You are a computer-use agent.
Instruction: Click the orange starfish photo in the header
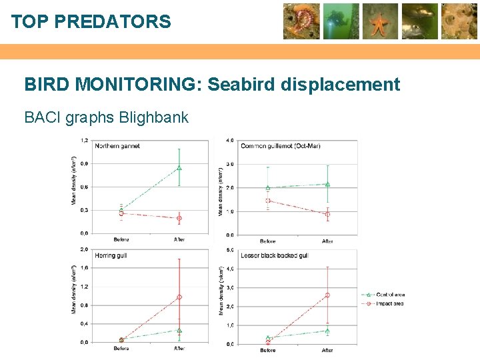coord(381,21)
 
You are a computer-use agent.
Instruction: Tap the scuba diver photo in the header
coord(341,21)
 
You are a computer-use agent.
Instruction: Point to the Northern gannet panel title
coord(117,146)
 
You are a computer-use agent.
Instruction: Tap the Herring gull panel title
coord(112,255)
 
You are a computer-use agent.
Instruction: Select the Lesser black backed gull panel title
coord(274,255)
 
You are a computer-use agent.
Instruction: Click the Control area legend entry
coord(390,295)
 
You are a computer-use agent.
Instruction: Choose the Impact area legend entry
coord(389,303)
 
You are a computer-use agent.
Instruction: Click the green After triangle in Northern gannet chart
coord(179,168)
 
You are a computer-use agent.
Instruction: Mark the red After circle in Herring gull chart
coord(179,297)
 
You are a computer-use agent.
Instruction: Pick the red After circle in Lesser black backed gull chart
coord(327,295)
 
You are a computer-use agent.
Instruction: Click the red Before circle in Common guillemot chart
coord(268,201)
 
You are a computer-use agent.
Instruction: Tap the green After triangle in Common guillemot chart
coord(327,185)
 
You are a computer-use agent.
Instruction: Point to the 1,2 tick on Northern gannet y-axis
coord(84,140)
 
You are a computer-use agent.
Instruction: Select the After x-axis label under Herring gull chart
coord(179,349)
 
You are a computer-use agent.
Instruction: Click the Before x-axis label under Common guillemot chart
coord(268,241)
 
